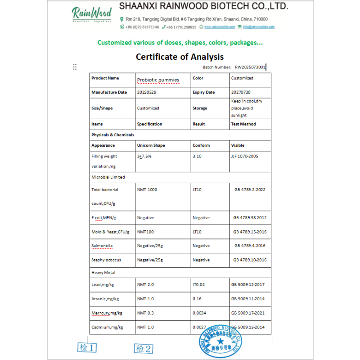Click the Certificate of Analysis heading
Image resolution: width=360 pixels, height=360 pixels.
pos(180,57)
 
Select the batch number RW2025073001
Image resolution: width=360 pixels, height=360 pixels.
pos(250,67)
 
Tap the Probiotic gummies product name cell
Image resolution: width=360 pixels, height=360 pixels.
pos(158,80)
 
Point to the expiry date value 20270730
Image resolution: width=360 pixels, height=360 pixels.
pos(241,92)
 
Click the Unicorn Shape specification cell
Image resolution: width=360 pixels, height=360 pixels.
pos(151,145)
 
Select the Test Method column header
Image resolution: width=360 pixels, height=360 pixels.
pos(243,124)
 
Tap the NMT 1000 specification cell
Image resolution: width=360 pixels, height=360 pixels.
pos(147,189)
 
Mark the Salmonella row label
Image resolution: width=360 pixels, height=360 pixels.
pos(102,246)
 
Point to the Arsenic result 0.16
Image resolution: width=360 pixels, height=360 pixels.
pos(197,299)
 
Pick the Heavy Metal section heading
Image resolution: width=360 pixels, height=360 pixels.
pos(103,273)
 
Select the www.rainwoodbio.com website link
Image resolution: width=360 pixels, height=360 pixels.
pos(220,27)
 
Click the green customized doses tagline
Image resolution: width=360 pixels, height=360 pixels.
pos(180,43)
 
